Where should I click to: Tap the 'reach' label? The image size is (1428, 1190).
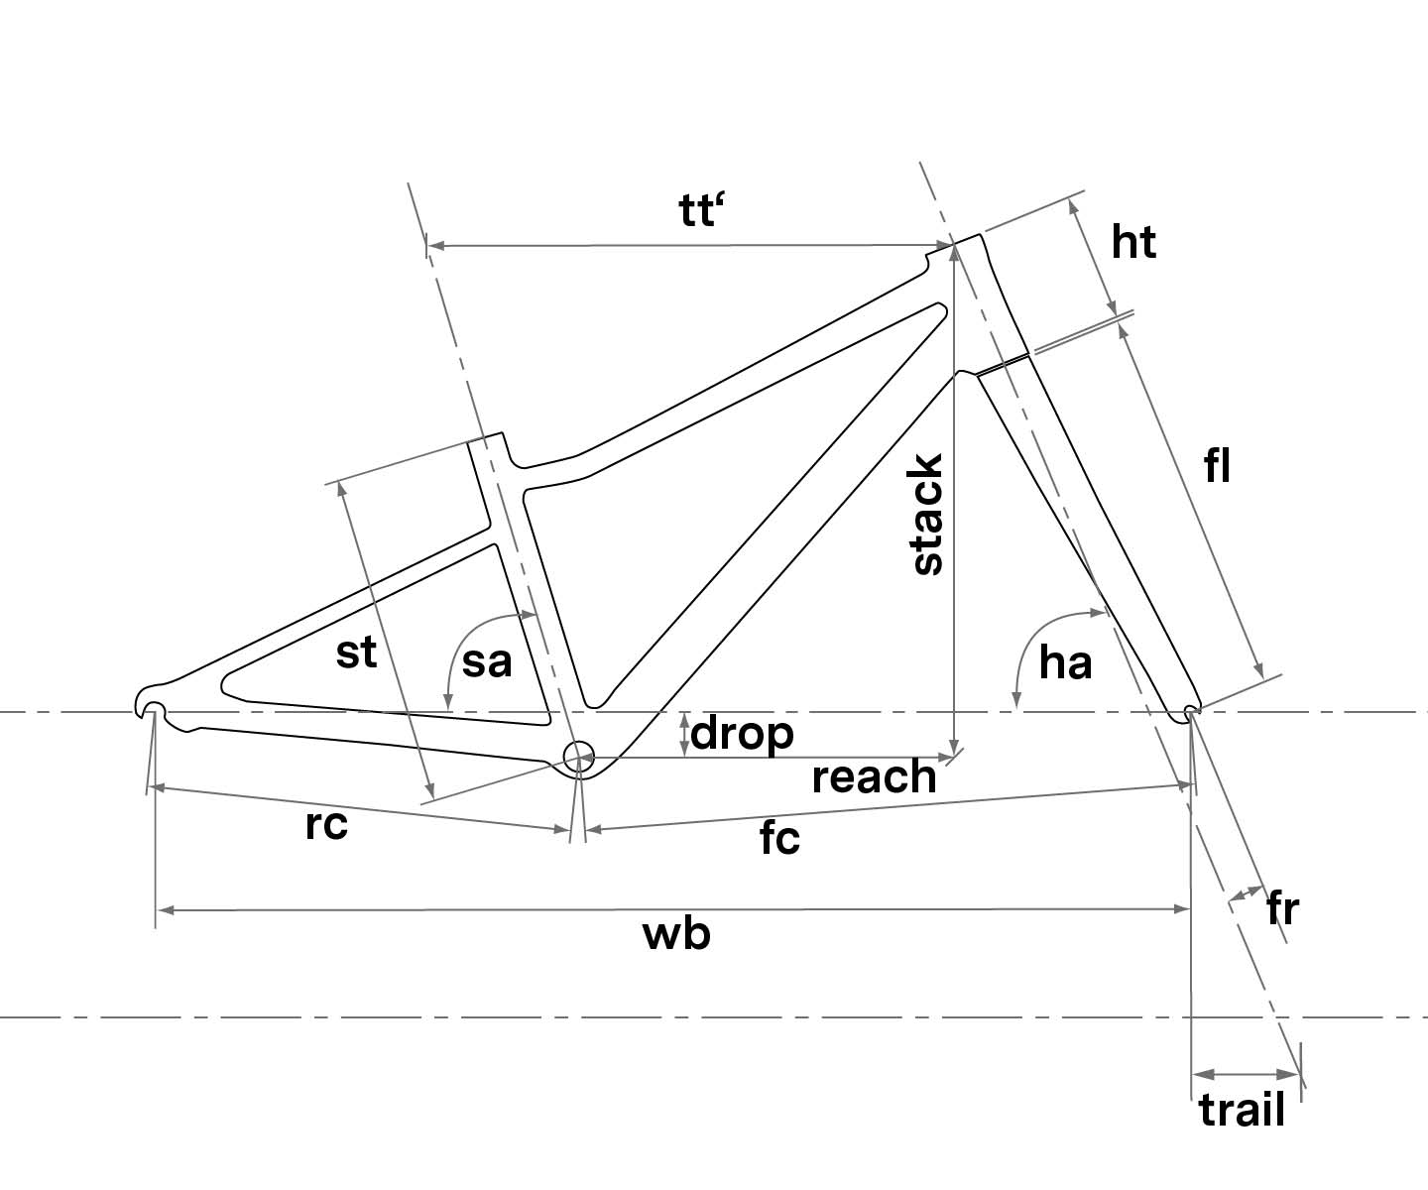coord(874,777)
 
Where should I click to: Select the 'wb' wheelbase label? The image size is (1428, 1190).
coord(677,934)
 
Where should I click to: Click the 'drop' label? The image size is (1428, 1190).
coord(743,734)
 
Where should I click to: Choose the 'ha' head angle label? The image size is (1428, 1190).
coord(1065,662)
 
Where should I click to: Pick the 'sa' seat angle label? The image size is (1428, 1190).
coord(486,661)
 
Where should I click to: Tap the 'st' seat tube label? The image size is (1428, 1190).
coord(357,653)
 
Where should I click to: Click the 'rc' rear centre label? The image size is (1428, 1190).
coord(326,825)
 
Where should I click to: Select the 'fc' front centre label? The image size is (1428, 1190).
coord(779,839)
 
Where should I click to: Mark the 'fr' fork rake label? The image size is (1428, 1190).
coord(1282,907)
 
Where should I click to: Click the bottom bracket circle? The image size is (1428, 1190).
coord(577,756)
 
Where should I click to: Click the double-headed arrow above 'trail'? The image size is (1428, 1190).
coord(1246,1074)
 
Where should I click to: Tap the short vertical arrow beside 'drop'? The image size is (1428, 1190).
coord(683,735)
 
